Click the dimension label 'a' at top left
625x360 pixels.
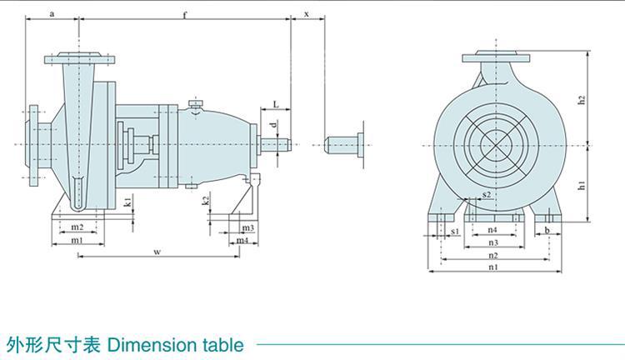click(x=52, y=14)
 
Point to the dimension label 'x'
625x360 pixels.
click(x=307, y=14)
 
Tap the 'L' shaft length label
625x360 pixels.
click(x=276, y=104)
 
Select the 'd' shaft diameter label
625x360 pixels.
click(x=273, y=124)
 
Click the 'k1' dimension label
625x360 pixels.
click(x=127, y=202)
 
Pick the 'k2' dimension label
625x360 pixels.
click(x=205, y=201)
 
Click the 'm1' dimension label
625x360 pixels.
click(x=77, y=240)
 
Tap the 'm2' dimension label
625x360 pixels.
click(x=77, y=227)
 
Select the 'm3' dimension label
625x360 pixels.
click(x=248, y=227)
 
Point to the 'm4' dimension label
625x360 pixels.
click(x=242, y=240)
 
